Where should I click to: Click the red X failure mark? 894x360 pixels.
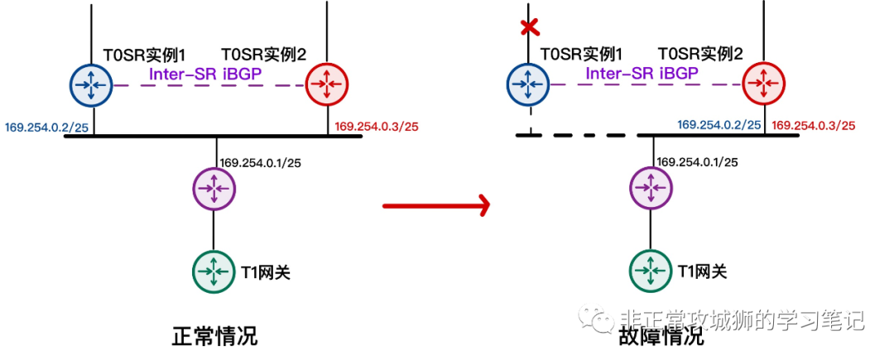tap(528, 27)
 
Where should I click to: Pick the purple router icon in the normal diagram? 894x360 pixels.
tap(214, 190)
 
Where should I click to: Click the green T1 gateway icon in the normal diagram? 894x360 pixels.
tap(214, 271)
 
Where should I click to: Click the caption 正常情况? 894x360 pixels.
tap(214, 336)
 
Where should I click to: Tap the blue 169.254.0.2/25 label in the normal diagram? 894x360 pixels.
tap(46, 127)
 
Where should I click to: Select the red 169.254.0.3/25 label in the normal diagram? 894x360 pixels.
tap(377, 127)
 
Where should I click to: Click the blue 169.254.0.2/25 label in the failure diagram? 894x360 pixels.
tap(719, 124)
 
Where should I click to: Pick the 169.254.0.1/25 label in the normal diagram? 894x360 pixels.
tap(259, 161)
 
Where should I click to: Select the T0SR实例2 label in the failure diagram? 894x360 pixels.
tap(699, 55)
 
